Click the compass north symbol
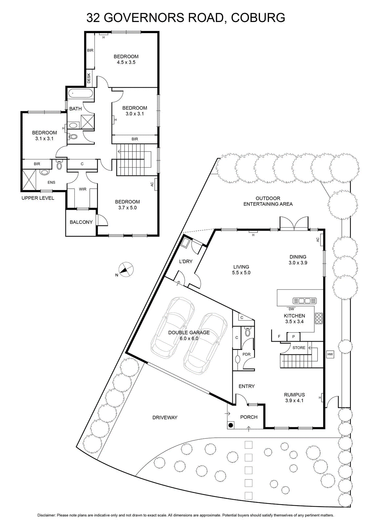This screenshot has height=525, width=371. (126, 269)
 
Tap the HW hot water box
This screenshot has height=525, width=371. (330, 354)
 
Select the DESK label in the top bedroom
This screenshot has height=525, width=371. (89, 78)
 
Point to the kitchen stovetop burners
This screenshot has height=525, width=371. (319, 318)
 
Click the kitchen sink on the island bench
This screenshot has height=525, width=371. (304, 301)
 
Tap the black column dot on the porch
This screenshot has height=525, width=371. (231, 425)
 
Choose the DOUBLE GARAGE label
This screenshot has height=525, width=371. (189, 332)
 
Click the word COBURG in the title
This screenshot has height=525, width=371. (258, 18)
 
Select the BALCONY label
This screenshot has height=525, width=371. (81, 222)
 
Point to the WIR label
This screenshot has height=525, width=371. (82, 189)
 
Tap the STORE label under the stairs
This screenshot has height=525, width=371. (299, 347)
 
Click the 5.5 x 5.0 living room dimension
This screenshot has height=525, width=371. (241, 273)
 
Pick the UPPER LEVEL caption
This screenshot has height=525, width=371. (38, 198)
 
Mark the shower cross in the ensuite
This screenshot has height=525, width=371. (29, 180)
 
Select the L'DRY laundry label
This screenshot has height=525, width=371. (185, 261)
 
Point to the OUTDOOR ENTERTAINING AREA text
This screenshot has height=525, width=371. (268, 201)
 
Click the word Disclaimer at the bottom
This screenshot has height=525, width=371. (46, 515)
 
